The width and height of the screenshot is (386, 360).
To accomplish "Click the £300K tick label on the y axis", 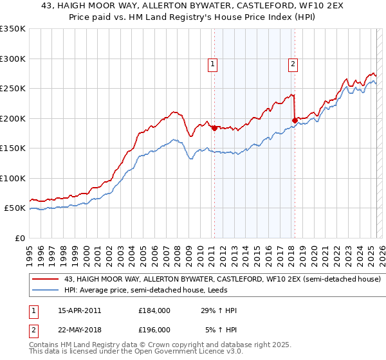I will (x=13, y=59).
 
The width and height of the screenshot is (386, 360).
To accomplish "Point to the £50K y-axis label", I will (x=15, y=208).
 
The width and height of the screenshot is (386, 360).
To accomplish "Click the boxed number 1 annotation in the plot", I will (x=212, y=63).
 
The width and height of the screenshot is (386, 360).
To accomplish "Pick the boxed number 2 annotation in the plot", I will (x=293, y=63).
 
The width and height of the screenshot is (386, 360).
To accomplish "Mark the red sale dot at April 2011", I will (x=214, y=127).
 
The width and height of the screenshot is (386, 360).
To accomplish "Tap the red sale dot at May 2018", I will (x=295, y=120).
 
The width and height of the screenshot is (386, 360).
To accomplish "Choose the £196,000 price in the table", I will (x=154, y=329).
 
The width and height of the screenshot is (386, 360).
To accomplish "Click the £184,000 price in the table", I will (x=154, y=310).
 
